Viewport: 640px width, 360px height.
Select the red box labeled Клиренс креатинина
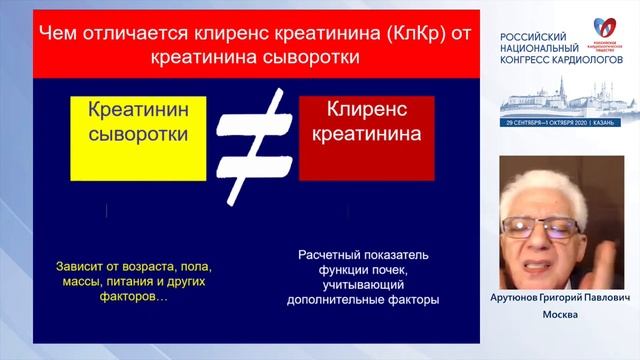point(366,138)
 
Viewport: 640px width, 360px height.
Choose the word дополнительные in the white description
point(336,298)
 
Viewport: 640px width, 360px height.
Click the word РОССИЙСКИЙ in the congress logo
point(536,36)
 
